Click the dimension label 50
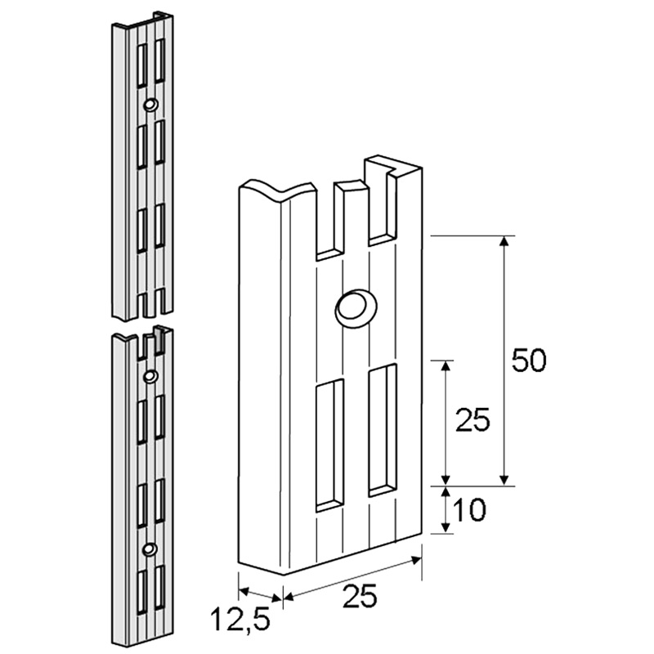coord(528,361)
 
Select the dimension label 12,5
coord(240,620)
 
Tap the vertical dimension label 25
coord(473,420)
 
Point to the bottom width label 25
coord(360,596)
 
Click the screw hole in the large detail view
coord(356,309)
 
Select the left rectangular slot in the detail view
coord(330,446)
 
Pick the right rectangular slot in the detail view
coord(383,430)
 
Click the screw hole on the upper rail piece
coord(150,105)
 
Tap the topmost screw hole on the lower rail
coord(150,376)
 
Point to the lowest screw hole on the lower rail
coord(149,549)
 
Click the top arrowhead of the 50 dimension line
coord(504,241)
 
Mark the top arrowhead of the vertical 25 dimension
coord(446,365)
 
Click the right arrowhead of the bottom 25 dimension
coord(416,561)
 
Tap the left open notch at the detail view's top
coord(330,221)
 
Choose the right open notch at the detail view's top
coord(382,204)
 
